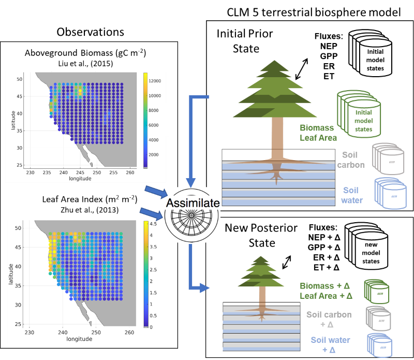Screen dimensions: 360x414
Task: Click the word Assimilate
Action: [193, 203]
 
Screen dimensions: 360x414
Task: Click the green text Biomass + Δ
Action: [324, 285]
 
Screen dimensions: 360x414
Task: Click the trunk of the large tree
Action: [278, 134]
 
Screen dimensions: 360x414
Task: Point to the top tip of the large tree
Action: [274, 61]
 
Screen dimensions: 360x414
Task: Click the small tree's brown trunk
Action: [262, 294]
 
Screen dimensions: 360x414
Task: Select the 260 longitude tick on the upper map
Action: [130, 172]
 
